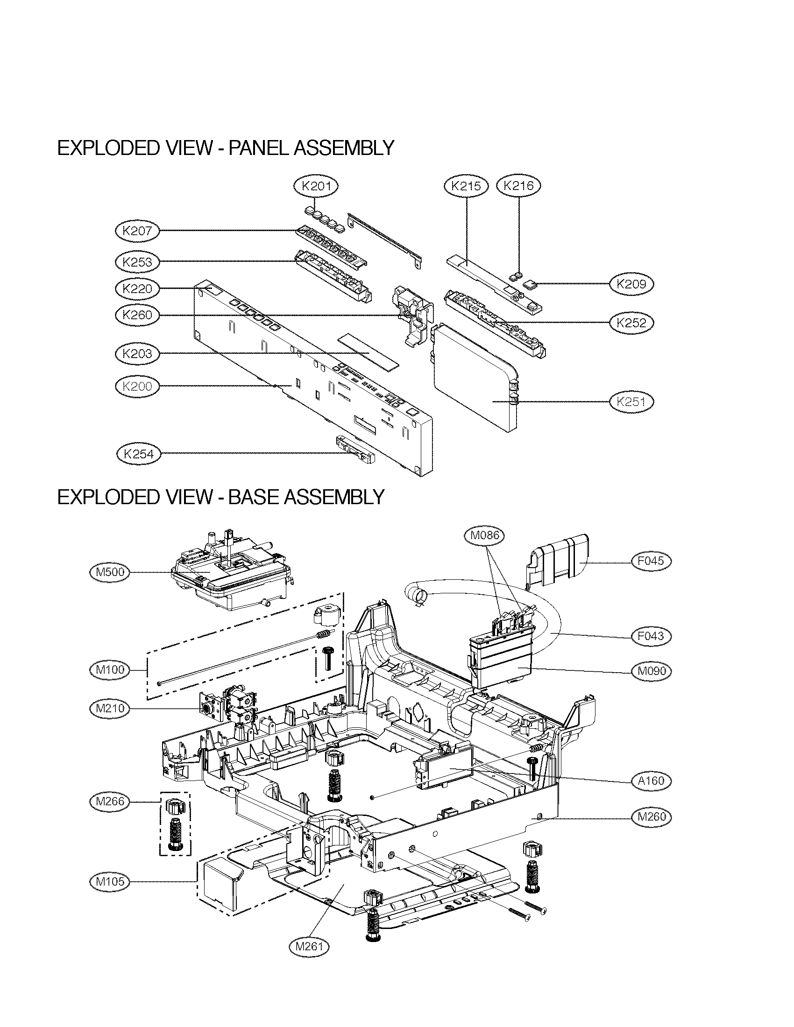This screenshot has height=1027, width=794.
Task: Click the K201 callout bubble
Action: click(x=316, y=186)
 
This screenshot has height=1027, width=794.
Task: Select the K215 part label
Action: click(x=466, y=186)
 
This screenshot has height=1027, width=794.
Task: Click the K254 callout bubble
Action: click(x=138, y=454)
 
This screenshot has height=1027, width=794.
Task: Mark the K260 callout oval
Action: click(x=137, y=315)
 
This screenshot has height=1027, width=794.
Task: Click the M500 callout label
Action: click(x=110, y=572)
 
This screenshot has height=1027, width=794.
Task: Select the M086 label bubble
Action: click(x=485, y=535)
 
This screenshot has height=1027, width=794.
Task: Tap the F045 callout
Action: click(x=651, y=561)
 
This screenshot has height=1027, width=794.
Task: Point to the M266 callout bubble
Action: click(x=110, y=801)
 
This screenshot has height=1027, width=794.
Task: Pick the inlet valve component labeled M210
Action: click(x=230, y=709)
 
